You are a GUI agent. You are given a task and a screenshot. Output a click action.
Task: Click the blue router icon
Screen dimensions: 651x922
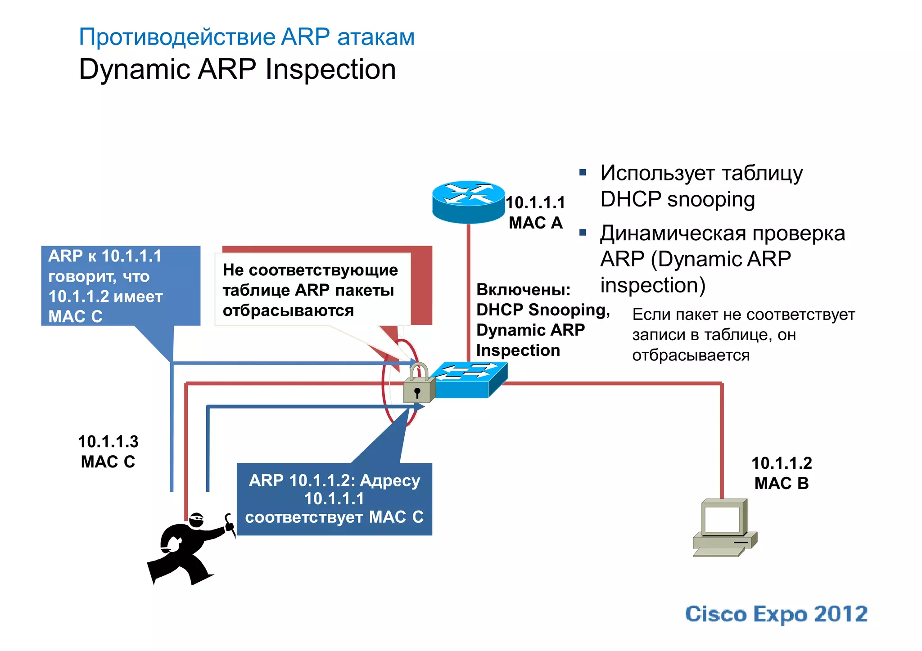(468, 202)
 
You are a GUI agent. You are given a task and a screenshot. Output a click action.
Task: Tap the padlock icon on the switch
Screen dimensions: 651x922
(418, 385)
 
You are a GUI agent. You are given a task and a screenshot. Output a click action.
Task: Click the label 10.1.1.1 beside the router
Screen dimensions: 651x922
(535, 202)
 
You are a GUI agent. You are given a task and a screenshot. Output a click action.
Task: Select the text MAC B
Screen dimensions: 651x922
(782, 483)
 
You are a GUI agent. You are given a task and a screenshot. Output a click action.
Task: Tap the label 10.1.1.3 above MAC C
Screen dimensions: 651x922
(108, 441)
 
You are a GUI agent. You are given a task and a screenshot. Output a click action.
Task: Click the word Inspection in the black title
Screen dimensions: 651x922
(330, 70)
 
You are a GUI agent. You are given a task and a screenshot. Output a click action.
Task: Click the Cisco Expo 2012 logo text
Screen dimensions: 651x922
(776, 614)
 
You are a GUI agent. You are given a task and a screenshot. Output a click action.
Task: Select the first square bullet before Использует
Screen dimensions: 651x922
(583, 172)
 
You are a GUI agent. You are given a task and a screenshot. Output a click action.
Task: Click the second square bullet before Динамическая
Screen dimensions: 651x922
(583, 233)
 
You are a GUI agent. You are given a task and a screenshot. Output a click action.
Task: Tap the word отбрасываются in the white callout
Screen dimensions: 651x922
(288, 310)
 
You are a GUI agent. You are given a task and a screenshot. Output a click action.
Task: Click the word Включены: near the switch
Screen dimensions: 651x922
(523, 289)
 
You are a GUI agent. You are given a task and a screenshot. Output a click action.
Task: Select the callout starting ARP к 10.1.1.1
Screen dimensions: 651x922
(120, 286)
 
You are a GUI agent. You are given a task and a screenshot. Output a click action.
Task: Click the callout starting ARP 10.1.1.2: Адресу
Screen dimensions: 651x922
(334, 499)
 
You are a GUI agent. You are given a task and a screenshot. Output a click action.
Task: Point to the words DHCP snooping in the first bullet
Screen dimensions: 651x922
(677, 199)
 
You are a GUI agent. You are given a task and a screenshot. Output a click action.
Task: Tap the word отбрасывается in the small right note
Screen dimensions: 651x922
(691, 355)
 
